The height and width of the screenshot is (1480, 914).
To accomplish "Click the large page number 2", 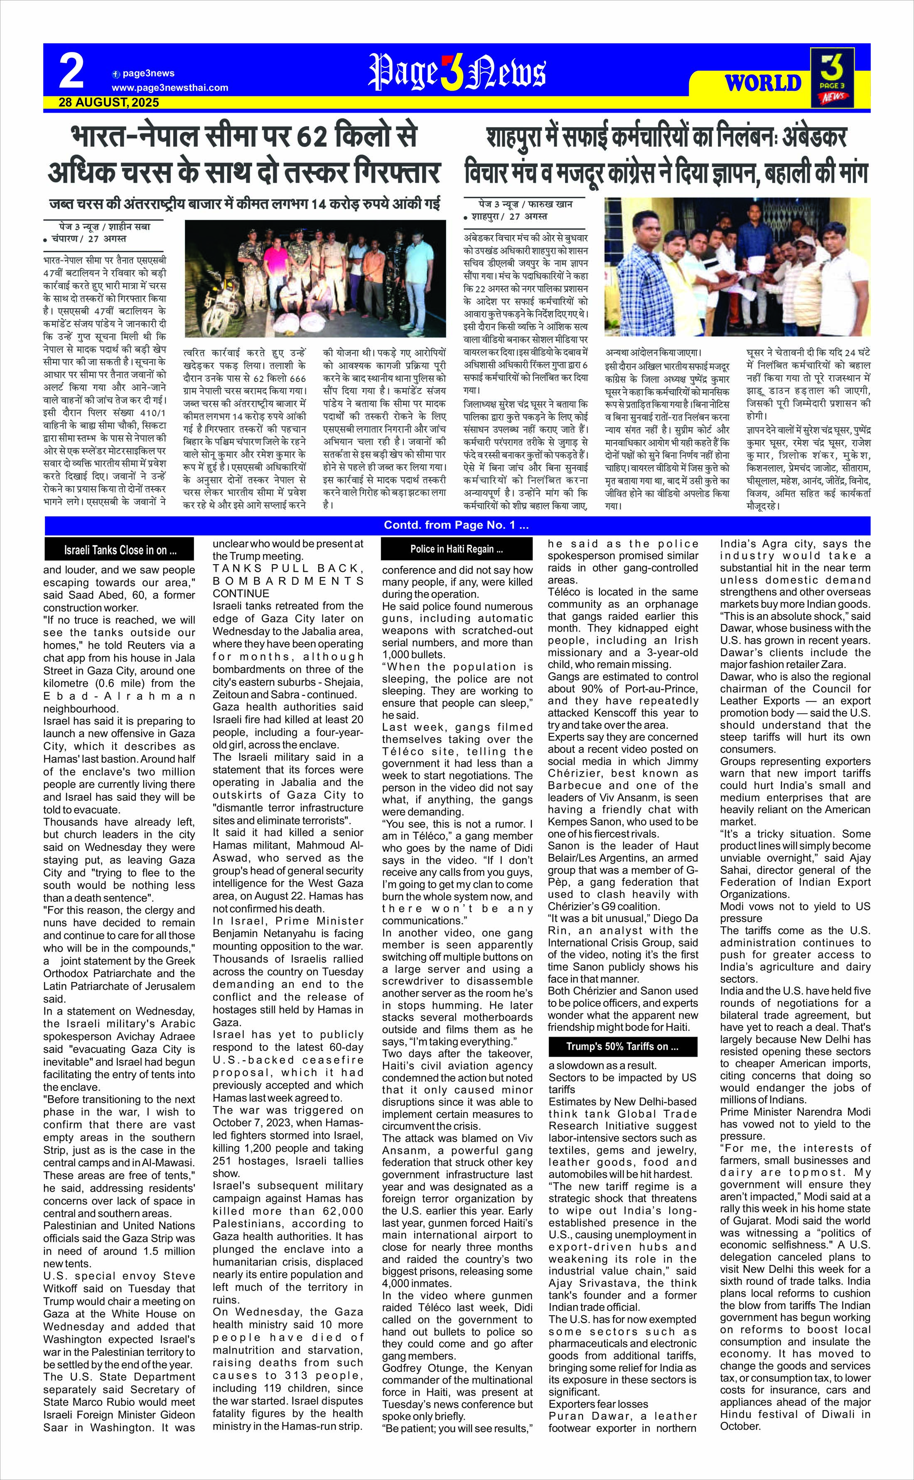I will pos(71,71).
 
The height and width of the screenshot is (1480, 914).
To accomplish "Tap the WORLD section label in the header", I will pos(763,83).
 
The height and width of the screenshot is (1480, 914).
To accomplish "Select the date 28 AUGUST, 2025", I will pos(109,102).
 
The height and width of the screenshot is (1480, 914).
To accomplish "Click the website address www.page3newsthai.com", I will pos(170,88).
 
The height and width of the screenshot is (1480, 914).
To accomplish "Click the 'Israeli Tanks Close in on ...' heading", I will pos(120,550).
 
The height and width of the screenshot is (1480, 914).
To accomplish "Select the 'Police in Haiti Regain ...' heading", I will pos(457,549).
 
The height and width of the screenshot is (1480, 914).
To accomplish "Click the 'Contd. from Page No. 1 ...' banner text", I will pos(457,525).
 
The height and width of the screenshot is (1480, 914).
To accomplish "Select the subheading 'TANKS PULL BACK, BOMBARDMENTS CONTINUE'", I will pos(288,581).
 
